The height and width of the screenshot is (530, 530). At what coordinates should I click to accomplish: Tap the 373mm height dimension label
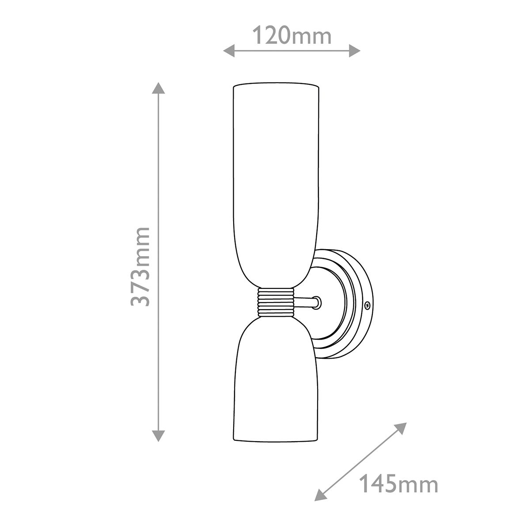[141, 267]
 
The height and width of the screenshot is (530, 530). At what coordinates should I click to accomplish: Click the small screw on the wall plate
[367, 304]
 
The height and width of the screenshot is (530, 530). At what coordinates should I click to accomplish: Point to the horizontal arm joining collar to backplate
[306, 303]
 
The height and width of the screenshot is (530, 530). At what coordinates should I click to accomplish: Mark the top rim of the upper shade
[275, 84]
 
